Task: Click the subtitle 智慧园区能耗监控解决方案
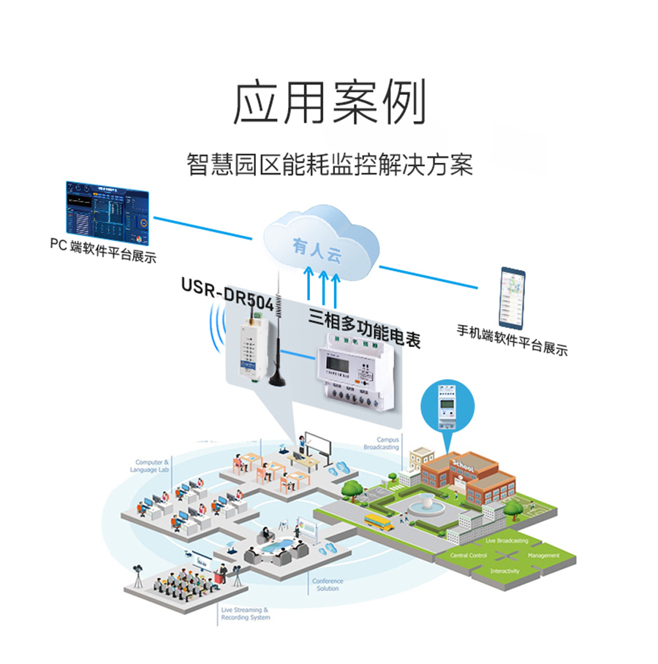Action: [x=329, y=165]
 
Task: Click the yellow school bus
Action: [x=378, y=520]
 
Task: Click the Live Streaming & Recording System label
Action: [x=245, y=614]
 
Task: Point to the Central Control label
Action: [x=468, y=556]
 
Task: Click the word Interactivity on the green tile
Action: [x=504, y=570]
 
